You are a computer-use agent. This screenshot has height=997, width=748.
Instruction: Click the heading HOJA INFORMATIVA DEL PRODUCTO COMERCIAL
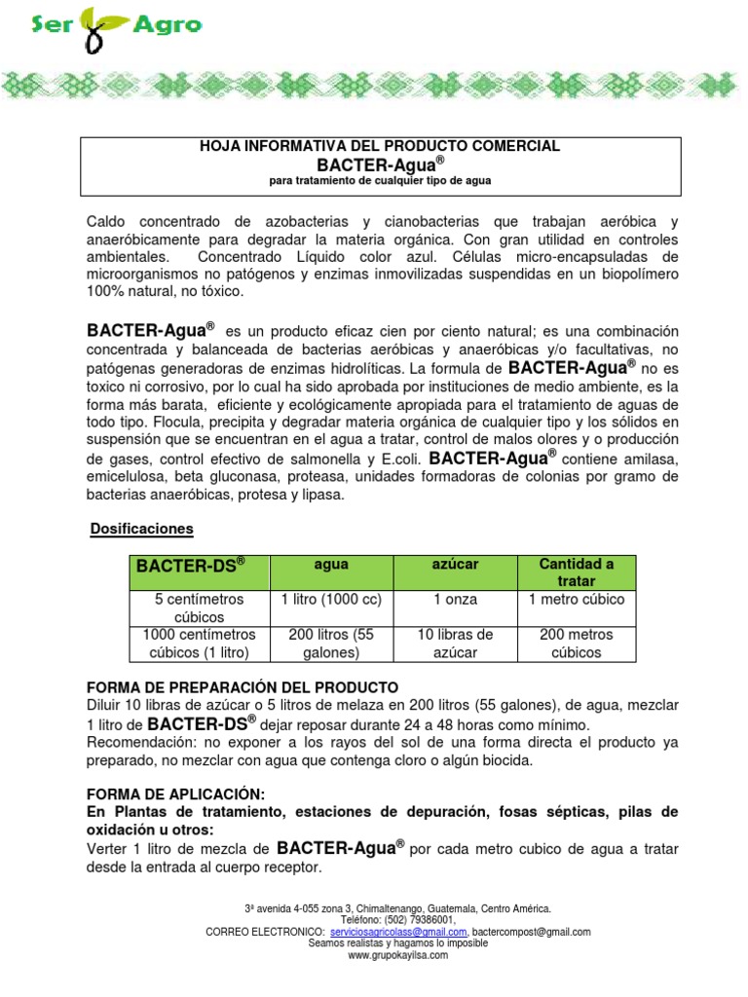pyautogui.click(x=379, y=146)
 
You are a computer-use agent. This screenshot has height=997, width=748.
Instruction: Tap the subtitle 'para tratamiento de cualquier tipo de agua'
pyautogui.click(x=379, y=181)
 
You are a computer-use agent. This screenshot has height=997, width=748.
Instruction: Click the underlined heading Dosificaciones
pyautogui.click(x=142, y=529)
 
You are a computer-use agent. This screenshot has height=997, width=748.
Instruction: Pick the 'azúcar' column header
pyautogui.click(x=455, y=564)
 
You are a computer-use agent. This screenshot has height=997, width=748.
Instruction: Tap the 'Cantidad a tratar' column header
pyautogui.click(x=577, y=572)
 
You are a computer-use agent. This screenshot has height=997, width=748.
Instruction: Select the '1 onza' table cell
pyautogui.click(x=455, y=600)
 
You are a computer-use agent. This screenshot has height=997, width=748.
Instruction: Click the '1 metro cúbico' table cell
pyautogui.click(x=577, y=600)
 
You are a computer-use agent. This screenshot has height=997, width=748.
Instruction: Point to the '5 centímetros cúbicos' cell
pyautogui.click(x=199, y=609)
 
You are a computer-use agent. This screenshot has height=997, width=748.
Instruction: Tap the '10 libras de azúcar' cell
pyautogui.click(x=455, y=644)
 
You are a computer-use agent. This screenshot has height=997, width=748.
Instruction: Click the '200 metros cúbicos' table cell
pyautogui.click(x=577, y=644)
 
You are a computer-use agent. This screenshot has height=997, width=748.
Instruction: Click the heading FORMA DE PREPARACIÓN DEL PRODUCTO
pyautogui.click(x=243, y=686)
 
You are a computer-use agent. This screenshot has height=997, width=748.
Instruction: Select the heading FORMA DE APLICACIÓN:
pyautogui.click(x=175, y=794)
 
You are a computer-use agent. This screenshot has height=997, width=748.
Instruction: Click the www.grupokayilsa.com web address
pyautogui.click(x=398, y=955)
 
